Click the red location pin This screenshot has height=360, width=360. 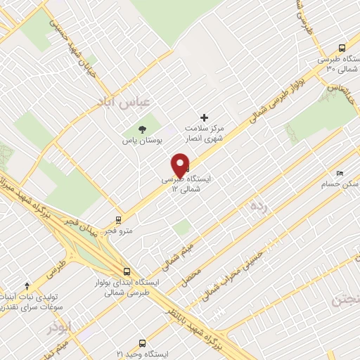181,166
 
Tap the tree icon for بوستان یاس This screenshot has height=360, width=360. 143,129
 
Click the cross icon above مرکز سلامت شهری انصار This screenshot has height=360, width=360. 205,117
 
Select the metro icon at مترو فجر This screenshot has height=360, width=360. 119,219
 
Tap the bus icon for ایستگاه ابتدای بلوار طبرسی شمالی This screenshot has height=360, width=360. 127,271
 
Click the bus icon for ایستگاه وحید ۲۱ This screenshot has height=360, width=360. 143,344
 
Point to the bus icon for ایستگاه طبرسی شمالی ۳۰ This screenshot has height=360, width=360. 341,48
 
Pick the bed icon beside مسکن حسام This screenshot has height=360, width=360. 340,173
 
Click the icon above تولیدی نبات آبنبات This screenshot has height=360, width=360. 27,285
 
